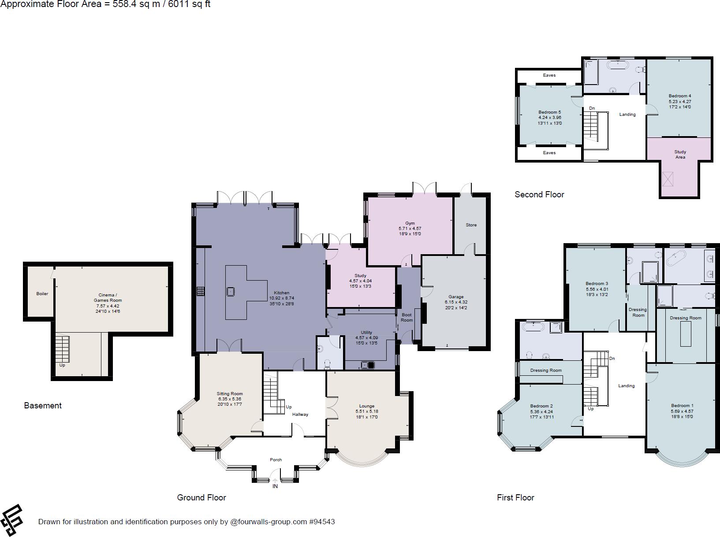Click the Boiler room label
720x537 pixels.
(x=42, y=294)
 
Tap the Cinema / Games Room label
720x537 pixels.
(x=108, y=297)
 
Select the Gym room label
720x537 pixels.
(x=410, y=223)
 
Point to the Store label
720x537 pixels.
(x=471, y=225)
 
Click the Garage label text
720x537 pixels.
(x=456, y=297)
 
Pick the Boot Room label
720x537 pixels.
(x=407, y=318)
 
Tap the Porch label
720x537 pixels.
(x=276, y=459)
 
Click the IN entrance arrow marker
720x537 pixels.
(x=275, y=481)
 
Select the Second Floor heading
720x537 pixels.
(x=539, y=195)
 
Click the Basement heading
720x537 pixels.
(x=43, y=406)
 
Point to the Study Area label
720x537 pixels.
(x=680, y=154)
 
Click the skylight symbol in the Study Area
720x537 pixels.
(x=668, y=179)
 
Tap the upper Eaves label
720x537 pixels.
(x=549, y=75)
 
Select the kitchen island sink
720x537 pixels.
(x=231, y=292)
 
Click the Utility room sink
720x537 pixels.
(x=368, y=365)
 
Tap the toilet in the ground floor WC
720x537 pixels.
(x=327, y=364)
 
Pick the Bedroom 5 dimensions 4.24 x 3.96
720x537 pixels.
(x=550, y=118)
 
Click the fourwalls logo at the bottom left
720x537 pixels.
(x=12, y=520)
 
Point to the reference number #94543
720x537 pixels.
(x=322, y=522)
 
